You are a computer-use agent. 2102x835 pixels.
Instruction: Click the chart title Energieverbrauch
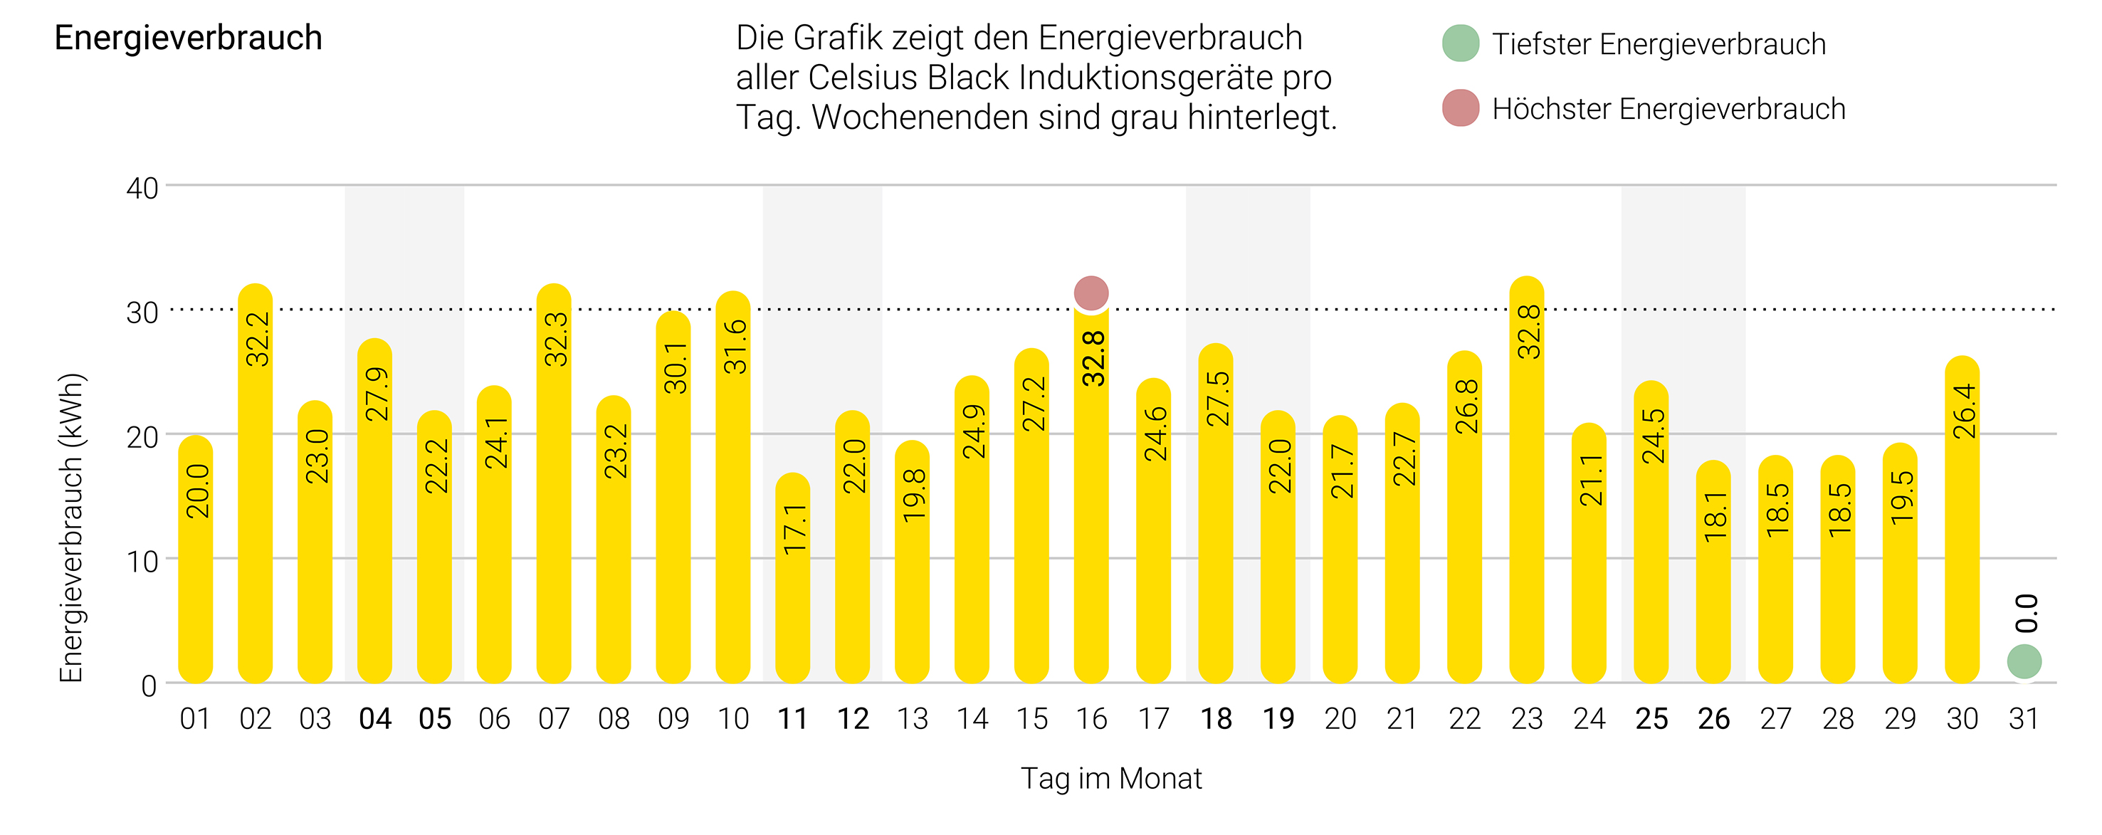[x=189, y=38]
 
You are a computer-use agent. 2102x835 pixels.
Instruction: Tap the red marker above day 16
[x=1091, y=292]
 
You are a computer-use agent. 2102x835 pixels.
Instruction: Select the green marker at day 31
[x=2024, y=661]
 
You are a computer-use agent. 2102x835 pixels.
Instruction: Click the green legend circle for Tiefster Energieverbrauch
[x=1460, y=43]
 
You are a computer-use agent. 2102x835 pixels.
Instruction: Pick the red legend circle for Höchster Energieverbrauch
[x=1460, y=107]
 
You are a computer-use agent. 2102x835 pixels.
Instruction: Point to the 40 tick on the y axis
[x=142, y=189]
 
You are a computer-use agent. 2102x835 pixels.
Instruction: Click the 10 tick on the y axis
[x=142, y=562]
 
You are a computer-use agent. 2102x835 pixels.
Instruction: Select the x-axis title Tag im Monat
[x=1110, y=778]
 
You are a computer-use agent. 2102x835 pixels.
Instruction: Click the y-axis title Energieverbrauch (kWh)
[x=72, y=527]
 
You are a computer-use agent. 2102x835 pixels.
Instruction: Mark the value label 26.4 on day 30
[x=1964, y=411]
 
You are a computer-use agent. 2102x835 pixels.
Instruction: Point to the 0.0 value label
[x=2026, y=613]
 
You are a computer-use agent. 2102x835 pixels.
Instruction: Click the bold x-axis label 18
[x=1216, y=719]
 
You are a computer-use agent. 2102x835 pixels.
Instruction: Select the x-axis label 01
[x=195, y=719]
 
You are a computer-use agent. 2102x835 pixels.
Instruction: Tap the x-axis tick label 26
[x=1713, y=719]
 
